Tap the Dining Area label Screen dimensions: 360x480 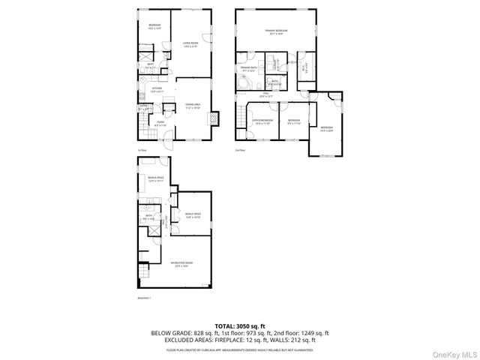pos(193,107)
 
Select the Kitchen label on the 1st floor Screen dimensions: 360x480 pos(157,89)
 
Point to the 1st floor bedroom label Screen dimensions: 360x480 pos(154,26)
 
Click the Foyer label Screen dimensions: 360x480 pos(160,123)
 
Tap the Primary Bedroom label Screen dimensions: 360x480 pos(277,31)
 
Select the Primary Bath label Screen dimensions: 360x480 pos(248,69)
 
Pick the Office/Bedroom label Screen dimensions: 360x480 pos(262,121)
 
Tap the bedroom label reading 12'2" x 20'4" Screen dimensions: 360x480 pos(326,129)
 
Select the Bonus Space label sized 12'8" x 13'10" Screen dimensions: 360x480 pos(193,215)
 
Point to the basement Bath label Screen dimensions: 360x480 pos(149,218)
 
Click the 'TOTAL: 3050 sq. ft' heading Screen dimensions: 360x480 pos(240,325)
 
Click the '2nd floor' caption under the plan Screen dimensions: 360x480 pos(239,150)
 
